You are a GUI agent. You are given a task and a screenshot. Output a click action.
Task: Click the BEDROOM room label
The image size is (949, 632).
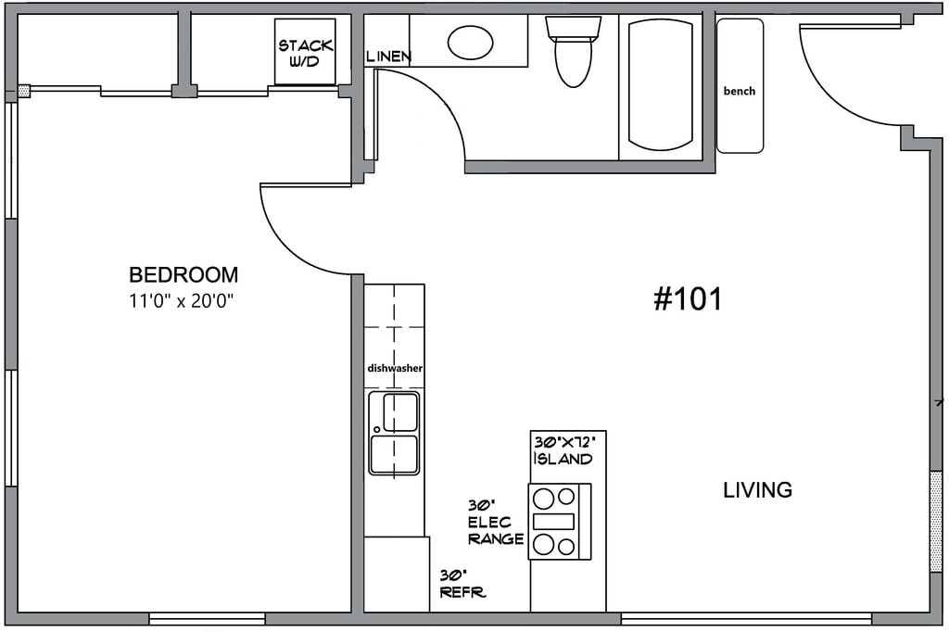[x=183, y=275]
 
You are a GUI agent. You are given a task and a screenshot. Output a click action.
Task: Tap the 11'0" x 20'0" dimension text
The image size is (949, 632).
[x=181, y=301]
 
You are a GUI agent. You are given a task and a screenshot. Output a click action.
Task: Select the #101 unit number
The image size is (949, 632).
[x=688, y=299]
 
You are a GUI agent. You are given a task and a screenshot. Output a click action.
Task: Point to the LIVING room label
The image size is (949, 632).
[x=758, y=489]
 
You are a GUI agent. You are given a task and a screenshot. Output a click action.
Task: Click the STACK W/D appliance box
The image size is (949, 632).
[x=305, y=52]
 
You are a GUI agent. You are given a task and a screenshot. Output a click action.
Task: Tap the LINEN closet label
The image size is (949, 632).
[x=388, y=57]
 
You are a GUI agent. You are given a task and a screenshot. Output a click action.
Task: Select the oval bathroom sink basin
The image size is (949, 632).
[x=470, y=43]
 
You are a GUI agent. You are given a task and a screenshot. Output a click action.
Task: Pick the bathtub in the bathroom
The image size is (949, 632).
[x=660, y=85]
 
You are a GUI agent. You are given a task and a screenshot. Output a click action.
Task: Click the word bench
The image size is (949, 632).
[x=740, y=91]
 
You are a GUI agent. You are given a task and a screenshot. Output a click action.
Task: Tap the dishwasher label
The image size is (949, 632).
[x=395, y=368]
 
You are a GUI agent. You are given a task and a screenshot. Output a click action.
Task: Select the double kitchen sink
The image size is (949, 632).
[x=394, y=433]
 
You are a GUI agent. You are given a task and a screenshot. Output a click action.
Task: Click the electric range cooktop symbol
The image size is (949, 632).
[x=559, y=521]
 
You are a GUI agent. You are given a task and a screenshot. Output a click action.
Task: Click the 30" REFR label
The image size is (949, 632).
[x=462, y=584]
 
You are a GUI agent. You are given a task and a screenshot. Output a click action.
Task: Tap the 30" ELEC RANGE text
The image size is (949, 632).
[x=496, y=523]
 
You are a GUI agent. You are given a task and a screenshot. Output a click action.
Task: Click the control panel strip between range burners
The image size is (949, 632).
[x=554, y=521]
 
